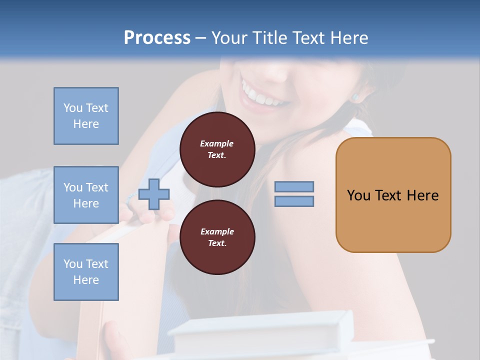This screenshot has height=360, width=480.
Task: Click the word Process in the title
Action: (157, 38)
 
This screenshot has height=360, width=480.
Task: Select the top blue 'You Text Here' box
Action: (86, 116)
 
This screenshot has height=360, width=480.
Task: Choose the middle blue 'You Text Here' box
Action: (86, 195)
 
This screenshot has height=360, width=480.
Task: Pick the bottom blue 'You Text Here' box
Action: (86, 272)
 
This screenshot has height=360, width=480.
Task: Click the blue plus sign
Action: (154, 194)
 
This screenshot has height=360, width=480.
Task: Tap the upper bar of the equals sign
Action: (294, 186)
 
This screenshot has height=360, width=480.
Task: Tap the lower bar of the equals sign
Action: (294, 201)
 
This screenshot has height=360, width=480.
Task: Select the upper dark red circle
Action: (217, 149)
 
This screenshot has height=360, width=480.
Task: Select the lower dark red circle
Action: (217, 237)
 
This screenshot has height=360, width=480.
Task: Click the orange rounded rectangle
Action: (393, 195)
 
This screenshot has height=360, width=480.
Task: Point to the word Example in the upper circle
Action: (216, 143)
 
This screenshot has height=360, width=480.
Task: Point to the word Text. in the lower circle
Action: (216, 243)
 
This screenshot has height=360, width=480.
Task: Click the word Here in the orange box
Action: (422, 195)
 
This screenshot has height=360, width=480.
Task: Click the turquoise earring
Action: (355, 97)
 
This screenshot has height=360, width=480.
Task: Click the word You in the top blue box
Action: (72, 108)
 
